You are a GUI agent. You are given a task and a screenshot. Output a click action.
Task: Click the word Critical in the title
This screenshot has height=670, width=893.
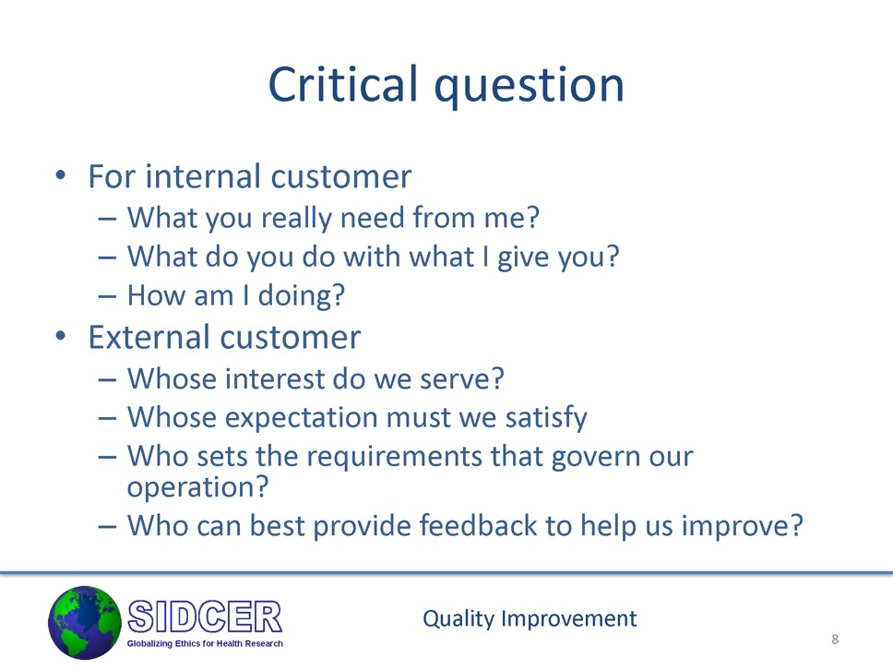[343, 83]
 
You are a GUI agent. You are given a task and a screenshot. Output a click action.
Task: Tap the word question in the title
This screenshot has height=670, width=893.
[530, 87]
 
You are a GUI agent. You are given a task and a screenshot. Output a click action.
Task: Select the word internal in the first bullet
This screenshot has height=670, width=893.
[204, 176]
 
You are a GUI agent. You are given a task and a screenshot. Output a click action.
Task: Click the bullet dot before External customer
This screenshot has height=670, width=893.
[60, 336]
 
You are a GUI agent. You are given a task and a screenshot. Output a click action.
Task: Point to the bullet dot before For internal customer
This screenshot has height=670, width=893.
[60, 175]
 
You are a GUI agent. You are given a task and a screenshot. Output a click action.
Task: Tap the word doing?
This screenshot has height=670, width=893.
[302, 296]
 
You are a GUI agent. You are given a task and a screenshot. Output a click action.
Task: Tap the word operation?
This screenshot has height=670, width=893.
[197, 487]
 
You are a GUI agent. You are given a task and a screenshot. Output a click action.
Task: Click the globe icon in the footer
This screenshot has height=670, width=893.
[85, 623]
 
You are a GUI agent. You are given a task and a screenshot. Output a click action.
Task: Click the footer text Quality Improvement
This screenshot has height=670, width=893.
[530, 618]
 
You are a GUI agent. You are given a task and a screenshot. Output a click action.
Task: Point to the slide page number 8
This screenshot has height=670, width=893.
[835, 640]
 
